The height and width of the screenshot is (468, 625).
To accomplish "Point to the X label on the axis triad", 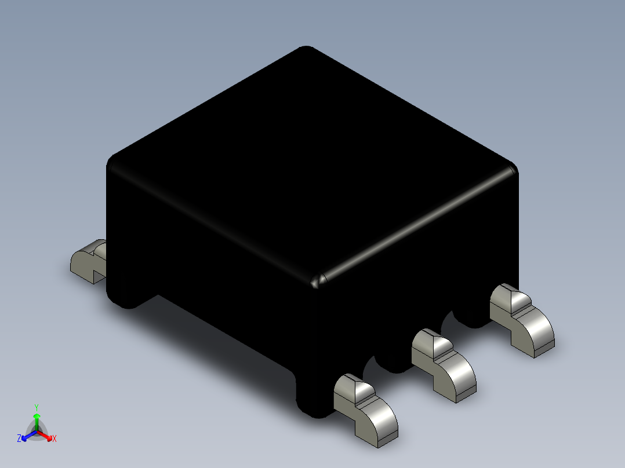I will click(54, 439).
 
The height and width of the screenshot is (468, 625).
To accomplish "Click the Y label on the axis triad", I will click(37, 407).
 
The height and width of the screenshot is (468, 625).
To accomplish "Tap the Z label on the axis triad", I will click(19, 439).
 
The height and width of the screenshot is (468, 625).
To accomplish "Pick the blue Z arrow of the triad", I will click(27, 436).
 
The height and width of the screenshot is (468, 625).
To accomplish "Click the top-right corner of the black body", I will click(513, 170).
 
